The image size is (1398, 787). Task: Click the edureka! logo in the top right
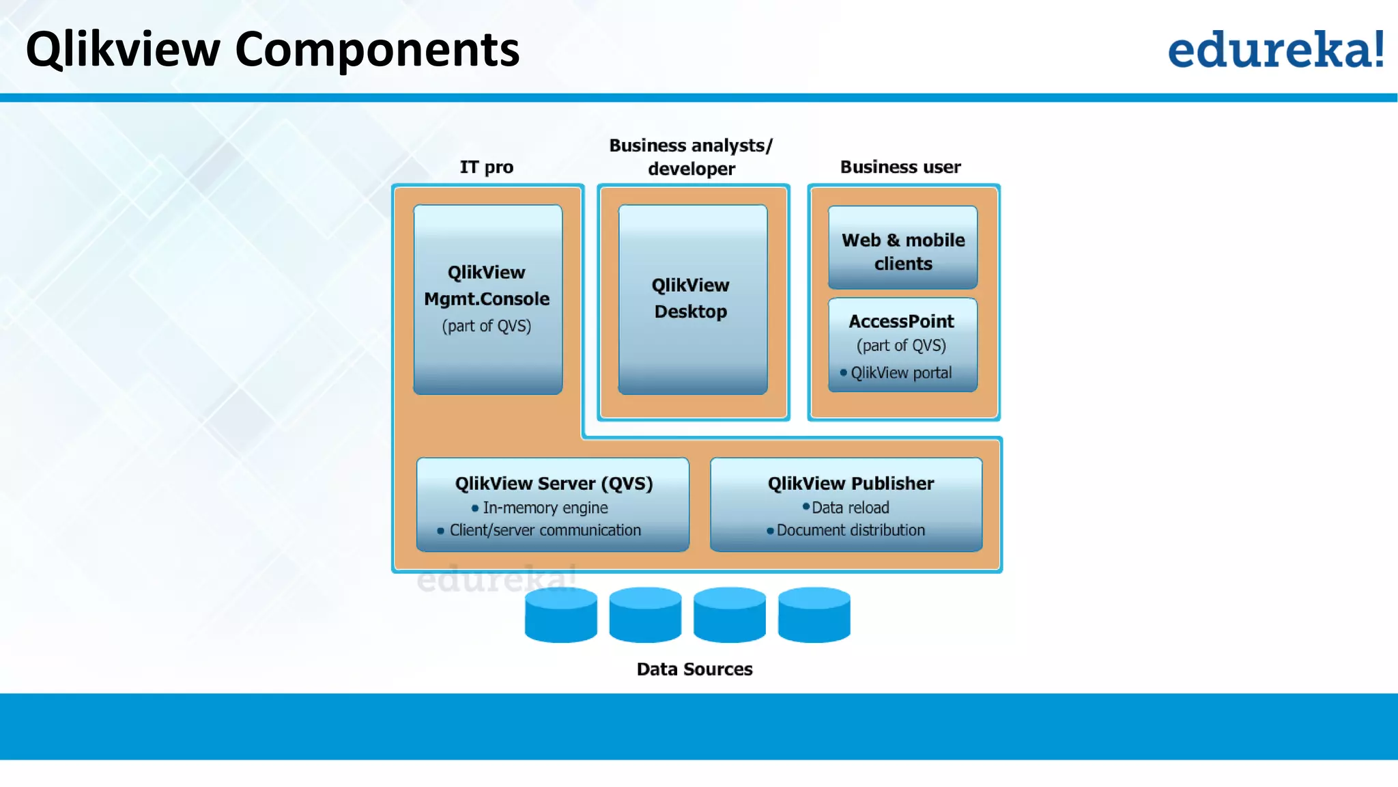click(1275, 49)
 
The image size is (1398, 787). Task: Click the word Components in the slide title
click(377, 49)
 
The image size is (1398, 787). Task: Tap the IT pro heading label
click(486, 167)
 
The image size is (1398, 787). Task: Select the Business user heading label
click(900, 167)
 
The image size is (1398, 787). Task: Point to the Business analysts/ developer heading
click(691, 156)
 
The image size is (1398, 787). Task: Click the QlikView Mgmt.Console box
click(487, 299)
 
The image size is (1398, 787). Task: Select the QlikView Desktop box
click(692, 299)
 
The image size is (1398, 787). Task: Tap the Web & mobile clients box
click(902, 248)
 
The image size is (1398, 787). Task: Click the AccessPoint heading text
click(901, 321)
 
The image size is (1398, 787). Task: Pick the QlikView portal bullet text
click(900, 373)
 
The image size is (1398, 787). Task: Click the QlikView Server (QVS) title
click(554, 484)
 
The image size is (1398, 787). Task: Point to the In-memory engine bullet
click(545, 508)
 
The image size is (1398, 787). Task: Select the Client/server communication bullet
click(545, 531)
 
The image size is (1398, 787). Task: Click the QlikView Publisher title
click(851, 484)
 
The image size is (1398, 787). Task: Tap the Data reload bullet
click(850, 508)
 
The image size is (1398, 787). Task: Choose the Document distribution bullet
click(850, 531)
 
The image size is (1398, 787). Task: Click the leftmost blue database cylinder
click(560, 615)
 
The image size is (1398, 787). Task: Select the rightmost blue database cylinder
click(814, 615)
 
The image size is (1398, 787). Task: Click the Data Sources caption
click(694, 669)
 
